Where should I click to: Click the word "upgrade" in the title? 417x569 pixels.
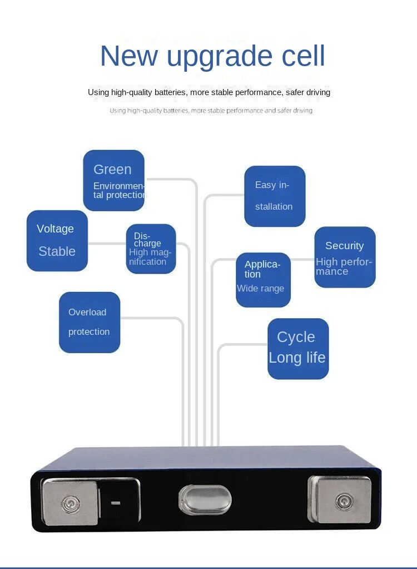(x=224, y=57)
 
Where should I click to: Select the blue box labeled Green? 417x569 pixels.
(x=113, y=180)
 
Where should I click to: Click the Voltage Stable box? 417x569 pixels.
(x=57, y=240)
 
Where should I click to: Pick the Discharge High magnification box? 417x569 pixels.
(x=151, y=249)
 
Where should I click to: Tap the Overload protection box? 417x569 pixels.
(x=90, y=322)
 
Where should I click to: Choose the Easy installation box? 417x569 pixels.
(x=275, y=196)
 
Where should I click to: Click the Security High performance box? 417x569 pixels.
(x=345, y=257)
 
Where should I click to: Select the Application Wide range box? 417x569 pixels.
(x=263, y=280)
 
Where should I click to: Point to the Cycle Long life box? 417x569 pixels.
(x=298, y=349)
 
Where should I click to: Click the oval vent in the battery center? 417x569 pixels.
(x=205, y=499)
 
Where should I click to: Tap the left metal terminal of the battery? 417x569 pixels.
(x=71, y=502)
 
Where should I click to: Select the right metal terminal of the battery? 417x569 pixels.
(x=339, y=500)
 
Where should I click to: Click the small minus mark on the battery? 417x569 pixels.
(x=116, y=503)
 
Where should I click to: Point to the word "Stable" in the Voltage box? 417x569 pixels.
(x=57, y=251)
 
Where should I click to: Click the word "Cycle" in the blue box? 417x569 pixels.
(x=296, y=337)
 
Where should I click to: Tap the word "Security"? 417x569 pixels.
(x=344, y=246)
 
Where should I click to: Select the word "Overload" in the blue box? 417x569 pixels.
(x=87, y=313)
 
